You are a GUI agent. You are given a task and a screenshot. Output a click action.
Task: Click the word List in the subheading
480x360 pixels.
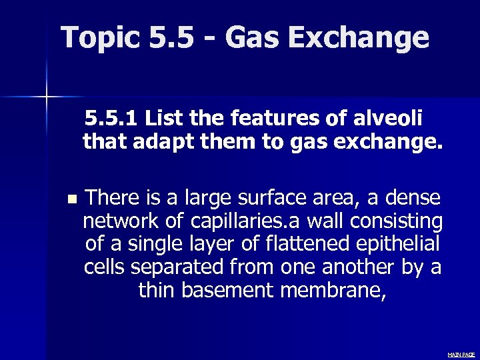click(163, 120)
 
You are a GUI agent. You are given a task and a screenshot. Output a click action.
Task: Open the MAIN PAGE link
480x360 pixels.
click(461, 355)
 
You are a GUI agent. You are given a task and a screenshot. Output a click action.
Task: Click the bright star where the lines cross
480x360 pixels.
click(47, 97)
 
